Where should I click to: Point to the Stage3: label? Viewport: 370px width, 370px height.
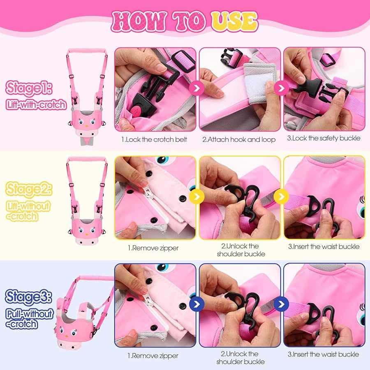(29, 296)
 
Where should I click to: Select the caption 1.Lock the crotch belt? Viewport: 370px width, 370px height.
(154, 139)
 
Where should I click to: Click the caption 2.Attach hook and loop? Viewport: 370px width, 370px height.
(239, 139)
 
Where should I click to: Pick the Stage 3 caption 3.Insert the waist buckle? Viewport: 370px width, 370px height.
(323, 354)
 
